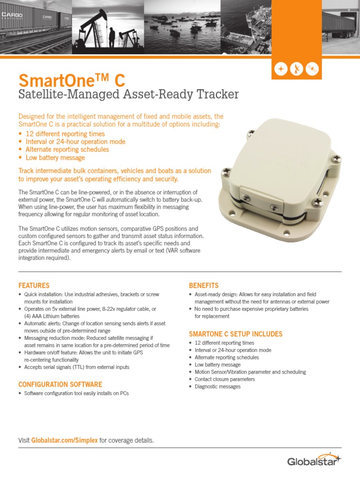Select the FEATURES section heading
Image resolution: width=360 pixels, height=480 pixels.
34,285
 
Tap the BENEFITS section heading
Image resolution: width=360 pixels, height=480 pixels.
203,285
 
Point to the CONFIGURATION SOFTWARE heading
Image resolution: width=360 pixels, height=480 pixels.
60,384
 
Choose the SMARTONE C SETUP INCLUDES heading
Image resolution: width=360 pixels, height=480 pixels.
235,334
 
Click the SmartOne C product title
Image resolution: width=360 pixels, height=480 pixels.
71,80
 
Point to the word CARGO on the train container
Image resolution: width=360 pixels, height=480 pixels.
11,15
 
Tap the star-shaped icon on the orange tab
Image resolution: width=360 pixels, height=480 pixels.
281,69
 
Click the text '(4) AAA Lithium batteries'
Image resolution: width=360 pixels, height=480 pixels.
52,316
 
